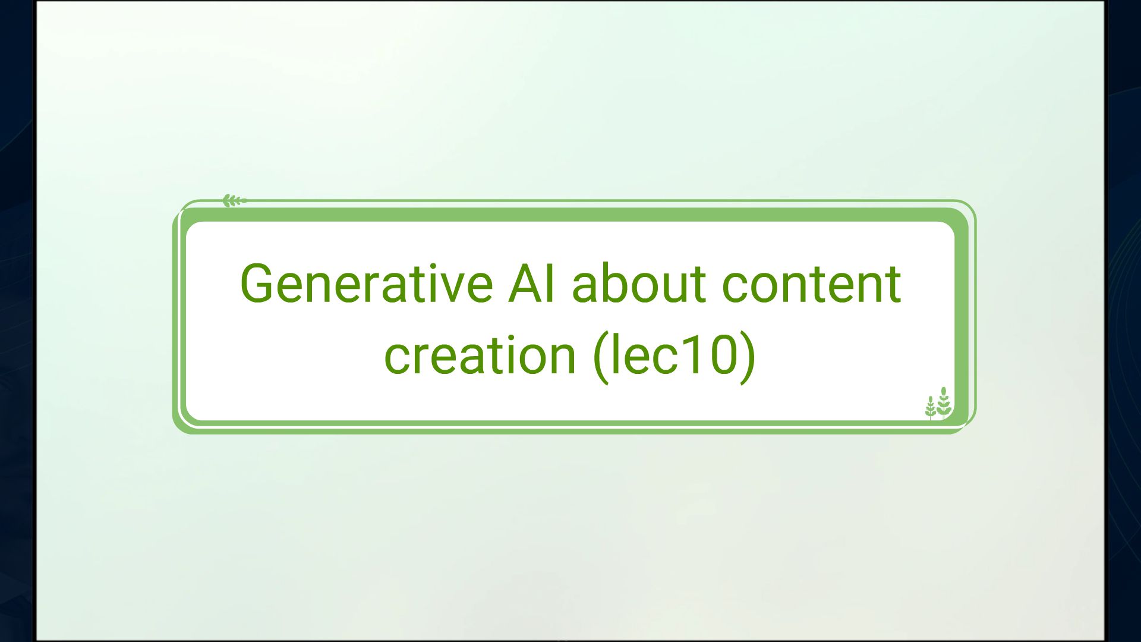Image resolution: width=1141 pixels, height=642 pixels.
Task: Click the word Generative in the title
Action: pyautogui.click(x=365, y=284)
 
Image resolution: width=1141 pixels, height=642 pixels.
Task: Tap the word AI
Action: pyautogui.click(x=532, y=284)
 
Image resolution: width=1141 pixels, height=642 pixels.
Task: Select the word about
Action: pyautogui.click(x=638, y=284)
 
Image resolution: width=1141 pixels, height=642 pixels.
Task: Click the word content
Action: pyautogui.click(x=811, y=284)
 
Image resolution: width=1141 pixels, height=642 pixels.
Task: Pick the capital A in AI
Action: pyautogui.click(x=524, y=284)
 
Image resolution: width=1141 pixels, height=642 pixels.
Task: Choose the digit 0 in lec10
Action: pyautogui.click(x=721, y=355)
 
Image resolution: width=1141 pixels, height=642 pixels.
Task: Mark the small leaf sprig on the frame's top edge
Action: pyautogui.click(x=234, y=201)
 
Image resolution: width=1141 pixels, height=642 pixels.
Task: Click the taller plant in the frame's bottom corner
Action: pyautogui.click(x=944, y=402)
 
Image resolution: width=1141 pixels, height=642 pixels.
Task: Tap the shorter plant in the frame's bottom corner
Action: pyautogui.click(x=931, y=408)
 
